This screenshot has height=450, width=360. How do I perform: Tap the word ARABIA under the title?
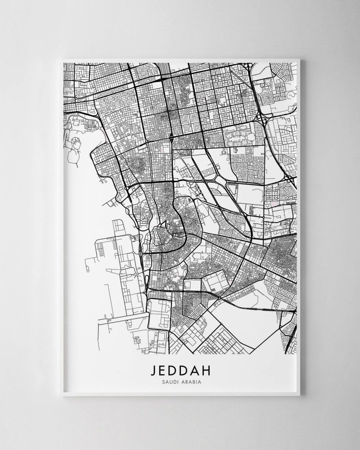(191, 382)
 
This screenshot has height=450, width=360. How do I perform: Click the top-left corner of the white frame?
(63, 59)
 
